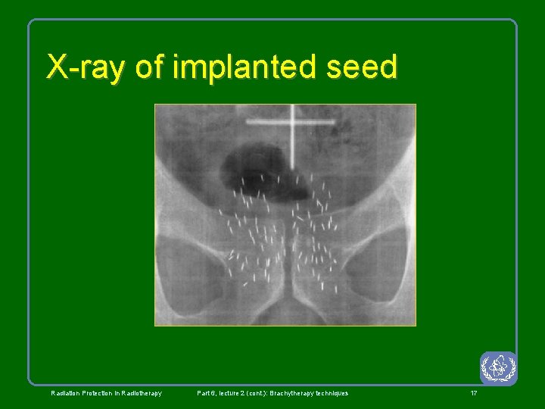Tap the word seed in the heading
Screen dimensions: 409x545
pos(363,67)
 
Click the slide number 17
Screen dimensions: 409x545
pos(474,393)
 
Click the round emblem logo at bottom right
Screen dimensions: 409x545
pos(498,368)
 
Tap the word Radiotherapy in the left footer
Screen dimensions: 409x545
pos(139,393)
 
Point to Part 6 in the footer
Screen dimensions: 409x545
pos(207,393)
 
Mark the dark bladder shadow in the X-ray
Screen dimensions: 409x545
pos(254,167)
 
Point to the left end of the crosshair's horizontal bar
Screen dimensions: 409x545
pos(248,121)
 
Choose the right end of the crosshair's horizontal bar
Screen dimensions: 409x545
pos(335,121)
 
